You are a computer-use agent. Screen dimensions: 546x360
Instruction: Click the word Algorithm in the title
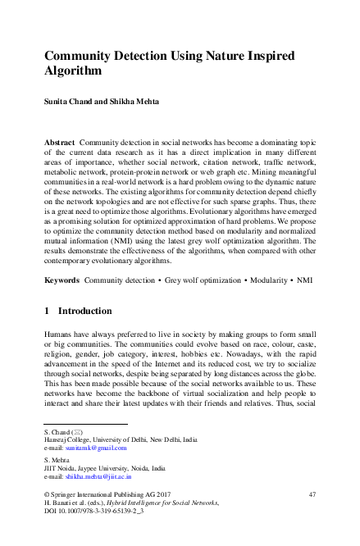pos(73,71)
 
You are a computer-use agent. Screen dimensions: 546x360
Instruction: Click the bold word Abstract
pos(61,143)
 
